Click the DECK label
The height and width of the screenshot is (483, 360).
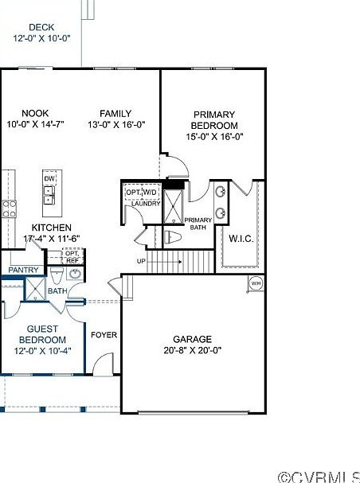[41, 27]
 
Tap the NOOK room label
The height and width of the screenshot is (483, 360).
[35, 113]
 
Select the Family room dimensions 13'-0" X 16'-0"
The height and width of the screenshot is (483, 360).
[116, 125]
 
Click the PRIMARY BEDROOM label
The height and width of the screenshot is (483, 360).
[214, 120]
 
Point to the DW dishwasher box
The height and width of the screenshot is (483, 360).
[49, 178]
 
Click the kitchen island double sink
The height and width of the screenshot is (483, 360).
[49, 195]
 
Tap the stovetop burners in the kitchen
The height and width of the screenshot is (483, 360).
[10, 208]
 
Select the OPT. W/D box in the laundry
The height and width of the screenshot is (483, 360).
[142, 193]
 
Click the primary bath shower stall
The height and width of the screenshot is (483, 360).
[173, 207]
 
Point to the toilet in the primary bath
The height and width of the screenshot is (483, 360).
[172, 237]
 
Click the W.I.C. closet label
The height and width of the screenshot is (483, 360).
[241, 239]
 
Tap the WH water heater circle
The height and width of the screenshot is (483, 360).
[256, 283]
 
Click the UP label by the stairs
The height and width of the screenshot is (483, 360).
[141, 261]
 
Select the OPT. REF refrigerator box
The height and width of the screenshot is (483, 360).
[72, 256]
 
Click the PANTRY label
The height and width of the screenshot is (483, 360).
[23, 271]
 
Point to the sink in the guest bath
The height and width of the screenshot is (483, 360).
[75, 273]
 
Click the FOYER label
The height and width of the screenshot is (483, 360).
[104, 335]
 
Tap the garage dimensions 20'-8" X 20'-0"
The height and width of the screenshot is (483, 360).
[193, 351]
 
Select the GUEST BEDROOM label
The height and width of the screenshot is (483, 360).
[42, 334]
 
